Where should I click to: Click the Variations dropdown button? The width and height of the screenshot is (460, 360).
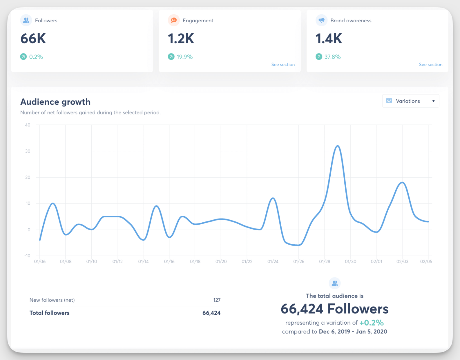(410, 101)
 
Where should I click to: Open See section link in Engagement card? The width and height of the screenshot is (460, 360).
(283, 64)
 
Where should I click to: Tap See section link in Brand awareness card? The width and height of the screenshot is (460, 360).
(430, 64)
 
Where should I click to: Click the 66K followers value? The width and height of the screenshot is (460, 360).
(33, 39)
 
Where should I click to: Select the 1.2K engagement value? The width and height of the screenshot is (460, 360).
(181, 39)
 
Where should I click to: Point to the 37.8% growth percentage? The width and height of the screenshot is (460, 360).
(332, 57)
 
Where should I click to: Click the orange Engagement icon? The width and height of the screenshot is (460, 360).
(174, 20)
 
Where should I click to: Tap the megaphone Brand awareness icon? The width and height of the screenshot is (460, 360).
(321, 20)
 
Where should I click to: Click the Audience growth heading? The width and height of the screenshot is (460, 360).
(55, 102)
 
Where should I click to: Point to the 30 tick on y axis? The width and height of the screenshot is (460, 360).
(28, 151)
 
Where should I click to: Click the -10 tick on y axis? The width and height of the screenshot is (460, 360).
(28, 256)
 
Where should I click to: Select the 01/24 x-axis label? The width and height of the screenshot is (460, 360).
(273, 261)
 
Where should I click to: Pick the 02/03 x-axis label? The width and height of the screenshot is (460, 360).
(402, 261)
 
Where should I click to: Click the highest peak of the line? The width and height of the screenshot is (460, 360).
(337, 146)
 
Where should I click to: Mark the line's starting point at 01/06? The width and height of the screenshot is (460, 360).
(40, 240)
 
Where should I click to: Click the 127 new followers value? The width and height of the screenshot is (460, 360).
(217, 300)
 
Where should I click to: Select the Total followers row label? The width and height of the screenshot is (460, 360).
(50, 313)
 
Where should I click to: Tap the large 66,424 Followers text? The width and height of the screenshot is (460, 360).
(334, 309)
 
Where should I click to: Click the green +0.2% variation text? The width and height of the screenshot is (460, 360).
(371, 323)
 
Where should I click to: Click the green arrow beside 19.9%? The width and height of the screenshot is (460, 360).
(171, 57)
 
